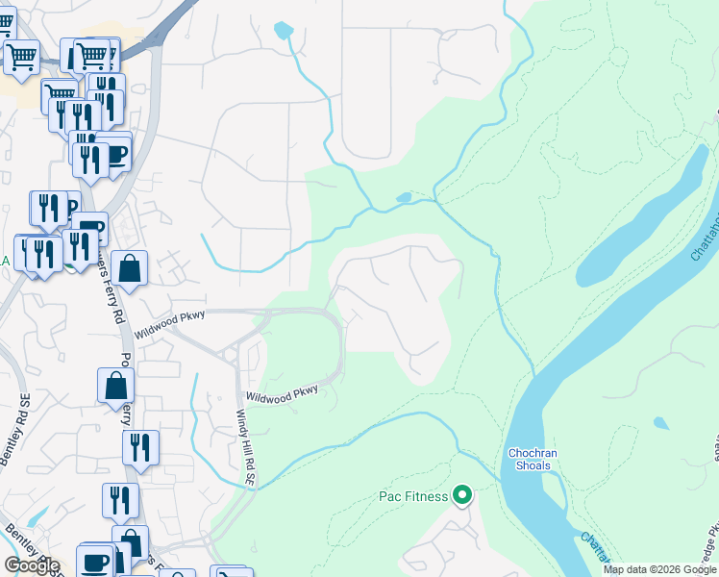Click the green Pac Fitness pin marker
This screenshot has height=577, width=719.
click(x=462, y=496)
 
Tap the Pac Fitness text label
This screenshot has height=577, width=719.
click(x=411, y=497)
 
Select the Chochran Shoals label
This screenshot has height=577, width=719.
click(x=530, y=459)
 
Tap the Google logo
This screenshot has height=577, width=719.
click(x=31, y=565)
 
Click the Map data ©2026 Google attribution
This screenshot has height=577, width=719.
click(x=659, y=569)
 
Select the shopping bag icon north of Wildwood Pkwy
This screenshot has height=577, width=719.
click(x=129, y=268)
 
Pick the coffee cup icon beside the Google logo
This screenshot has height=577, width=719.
click(x=96, y=562)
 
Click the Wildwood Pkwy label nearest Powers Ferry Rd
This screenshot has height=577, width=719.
click(x=158, y=331)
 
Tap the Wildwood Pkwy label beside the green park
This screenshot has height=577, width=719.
click(x=281, y=394)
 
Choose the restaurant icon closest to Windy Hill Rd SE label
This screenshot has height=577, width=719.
click(x=140, y=448)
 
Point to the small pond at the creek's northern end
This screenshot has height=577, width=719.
click(x=283, y=30)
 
